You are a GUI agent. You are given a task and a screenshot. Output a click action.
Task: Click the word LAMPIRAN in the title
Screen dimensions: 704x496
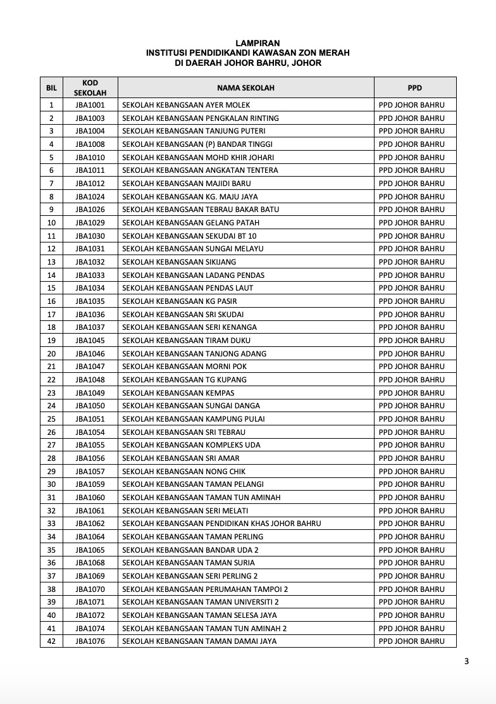(x=247, y=43)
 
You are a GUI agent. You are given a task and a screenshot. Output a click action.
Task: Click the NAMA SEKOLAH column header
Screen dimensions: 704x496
(x=245, y=88)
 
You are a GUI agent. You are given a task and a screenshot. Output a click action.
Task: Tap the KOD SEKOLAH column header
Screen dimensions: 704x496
(x=90, y=88)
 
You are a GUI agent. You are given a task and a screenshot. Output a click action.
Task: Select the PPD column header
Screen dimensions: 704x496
(x=414, y=88)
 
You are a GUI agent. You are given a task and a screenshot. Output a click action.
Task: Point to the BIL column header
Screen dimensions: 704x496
(x=51, y=88)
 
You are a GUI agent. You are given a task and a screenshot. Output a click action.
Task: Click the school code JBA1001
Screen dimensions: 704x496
(x=90, y=105)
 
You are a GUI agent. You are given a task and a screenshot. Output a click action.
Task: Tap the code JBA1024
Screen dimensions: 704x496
(x=90, y=197)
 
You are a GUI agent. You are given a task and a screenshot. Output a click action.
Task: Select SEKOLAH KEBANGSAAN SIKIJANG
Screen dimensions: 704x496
(x=179, y=262)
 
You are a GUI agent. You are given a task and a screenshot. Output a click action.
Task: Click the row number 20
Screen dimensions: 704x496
(x=51, y=354)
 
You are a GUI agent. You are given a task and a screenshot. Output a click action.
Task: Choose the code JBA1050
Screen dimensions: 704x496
(x=90, y=406)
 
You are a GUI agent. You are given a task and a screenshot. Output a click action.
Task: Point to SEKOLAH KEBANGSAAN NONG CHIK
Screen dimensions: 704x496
(x=183, y=472)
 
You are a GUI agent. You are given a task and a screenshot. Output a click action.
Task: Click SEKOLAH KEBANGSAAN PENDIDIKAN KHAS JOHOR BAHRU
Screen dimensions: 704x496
(x=221, y=524)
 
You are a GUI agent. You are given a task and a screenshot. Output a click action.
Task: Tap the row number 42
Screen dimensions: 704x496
(x=51, y=641)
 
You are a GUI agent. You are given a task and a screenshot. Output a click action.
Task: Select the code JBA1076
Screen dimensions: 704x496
(x=90, y=641)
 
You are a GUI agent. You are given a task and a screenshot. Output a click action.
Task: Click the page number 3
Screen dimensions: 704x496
(x=466, y=662)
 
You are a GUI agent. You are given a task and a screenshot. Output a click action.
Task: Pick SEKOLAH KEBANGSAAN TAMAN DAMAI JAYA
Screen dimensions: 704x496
(x=199, y=641)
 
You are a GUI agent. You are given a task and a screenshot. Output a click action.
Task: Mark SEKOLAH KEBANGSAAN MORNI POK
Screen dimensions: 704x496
(x=184, y=367)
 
